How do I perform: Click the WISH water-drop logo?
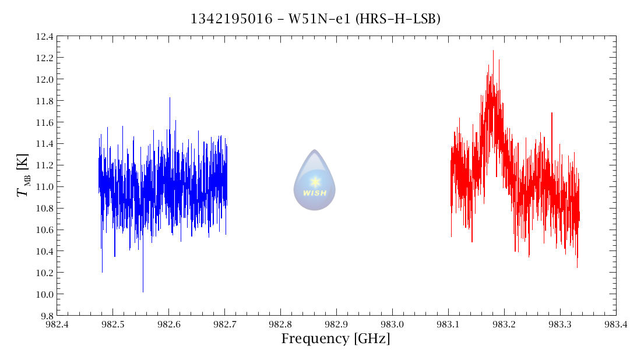pyautogui.click(x=315, y=180)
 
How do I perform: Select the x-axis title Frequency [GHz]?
pyautogui.click(x=336, y=339)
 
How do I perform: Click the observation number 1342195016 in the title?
pyautogui.click(x=231, y=19)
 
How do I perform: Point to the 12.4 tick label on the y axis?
pyautogui.click(x=44, y=37)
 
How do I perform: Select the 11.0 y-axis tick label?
pyautogui.click(x=44, y=187)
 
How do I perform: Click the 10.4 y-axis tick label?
pyautogui.click(x=44, y=251)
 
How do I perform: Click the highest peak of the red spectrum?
pyautogui.click(x=493, y=51)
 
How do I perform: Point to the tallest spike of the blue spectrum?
pyautogui.click(x=170, y=98)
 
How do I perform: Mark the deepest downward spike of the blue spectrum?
pyautogui.click(x=143, y=291)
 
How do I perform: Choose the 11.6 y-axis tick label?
pyautogui.click(x=44, y=122)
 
